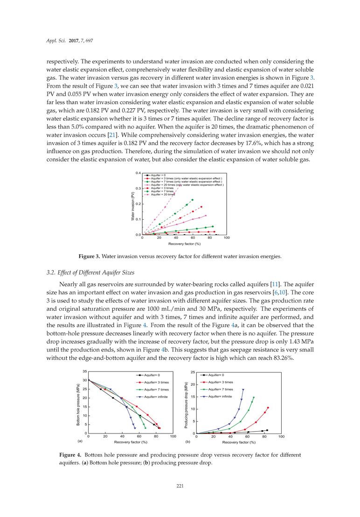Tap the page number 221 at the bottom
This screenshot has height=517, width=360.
[180, 486]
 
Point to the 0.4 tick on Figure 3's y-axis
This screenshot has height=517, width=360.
[138, 173]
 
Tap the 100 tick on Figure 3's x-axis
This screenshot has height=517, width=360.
[227, 238]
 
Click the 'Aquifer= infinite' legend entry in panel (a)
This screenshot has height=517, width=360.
[156, 397]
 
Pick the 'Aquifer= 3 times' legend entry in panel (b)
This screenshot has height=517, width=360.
[220, 382]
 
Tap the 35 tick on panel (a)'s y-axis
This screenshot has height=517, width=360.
[84, 371]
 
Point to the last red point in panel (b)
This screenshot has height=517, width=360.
[268, 407]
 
